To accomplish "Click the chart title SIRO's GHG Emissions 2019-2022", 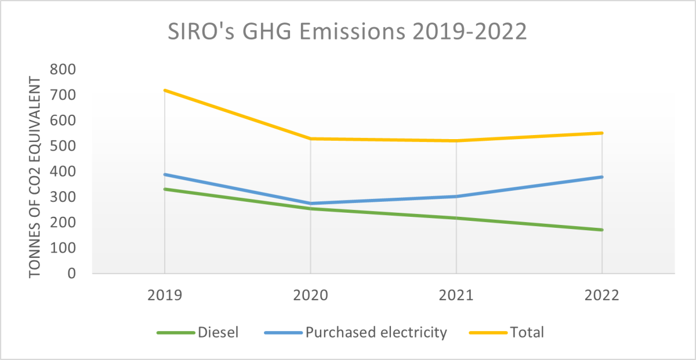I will (347, 32).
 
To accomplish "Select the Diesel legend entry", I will (218, 333).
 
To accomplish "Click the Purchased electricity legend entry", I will (376, 333).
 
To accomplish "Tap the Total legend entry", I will (527, 333).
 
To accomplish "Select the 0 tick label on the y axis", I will (72, 274).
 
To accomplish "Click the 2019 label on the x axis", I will (165, 295).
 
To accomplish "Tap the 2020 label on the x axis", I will (310, 295).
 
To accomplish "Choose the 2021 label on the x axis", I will (456, 295).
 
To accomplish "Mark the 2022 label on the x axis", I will (602, 295).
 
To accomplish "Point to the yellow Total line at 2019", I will (165, 90).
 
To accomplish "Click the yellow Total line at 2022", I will (602, 133).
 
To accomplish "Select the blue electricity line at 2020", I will (310, 203).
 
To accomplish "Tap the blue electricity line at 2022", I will (602, 177).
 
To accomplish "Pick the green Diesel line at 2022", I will (602, 230).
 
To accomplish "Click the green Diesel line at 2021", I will (456, 218).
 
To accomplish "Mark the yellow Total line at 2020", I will (310, 139).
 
